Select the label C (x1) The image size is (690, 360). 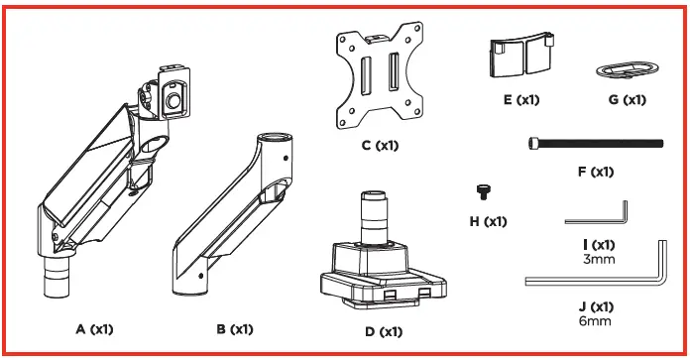tap(380, 146)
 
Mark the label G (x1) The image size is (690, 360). tap(626, 100)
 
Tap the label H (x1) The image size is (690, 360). tap(487, 221)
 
